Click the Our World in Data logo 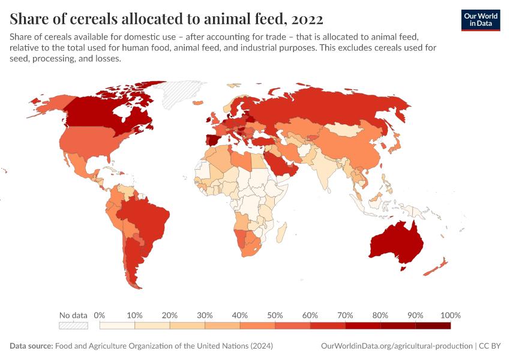480,20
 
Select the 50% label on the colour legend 275,315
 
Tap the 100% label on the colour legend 449,315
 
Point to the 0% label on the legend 100,315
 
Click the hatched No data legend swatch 73,326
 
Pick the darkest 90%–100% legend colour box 433,326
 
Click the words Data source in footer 31,346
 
